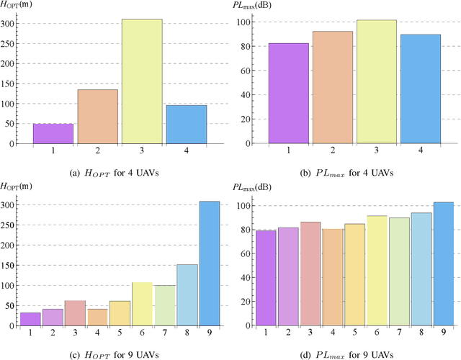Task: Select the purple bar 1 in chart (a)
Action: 53,134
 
